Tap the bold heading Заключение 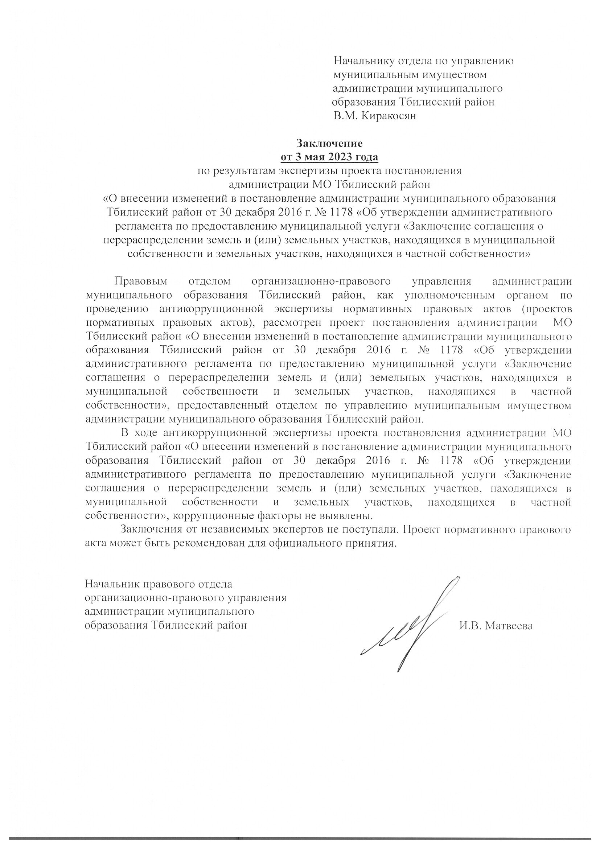[329, 143]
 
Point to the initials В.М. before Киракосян [345, 116]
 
